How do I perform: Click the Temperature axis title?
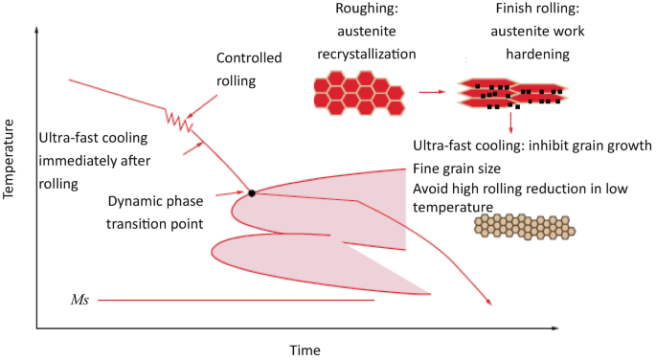tap(11, 162)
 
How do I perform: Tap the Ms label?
tap(81, 301)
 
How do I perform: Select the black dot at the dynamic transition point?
tap(251, 193)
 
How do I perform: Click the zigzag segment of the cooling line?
tap(178, 120)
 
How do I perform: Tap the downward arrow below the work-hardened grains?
tap(512, 123)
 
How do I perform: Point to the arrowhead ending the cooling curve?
tap(490, 304)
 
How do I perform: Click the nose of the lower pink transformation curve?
tap(214, 250)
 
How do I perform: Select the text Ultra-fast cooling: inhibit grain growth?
tap(532, 146)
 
